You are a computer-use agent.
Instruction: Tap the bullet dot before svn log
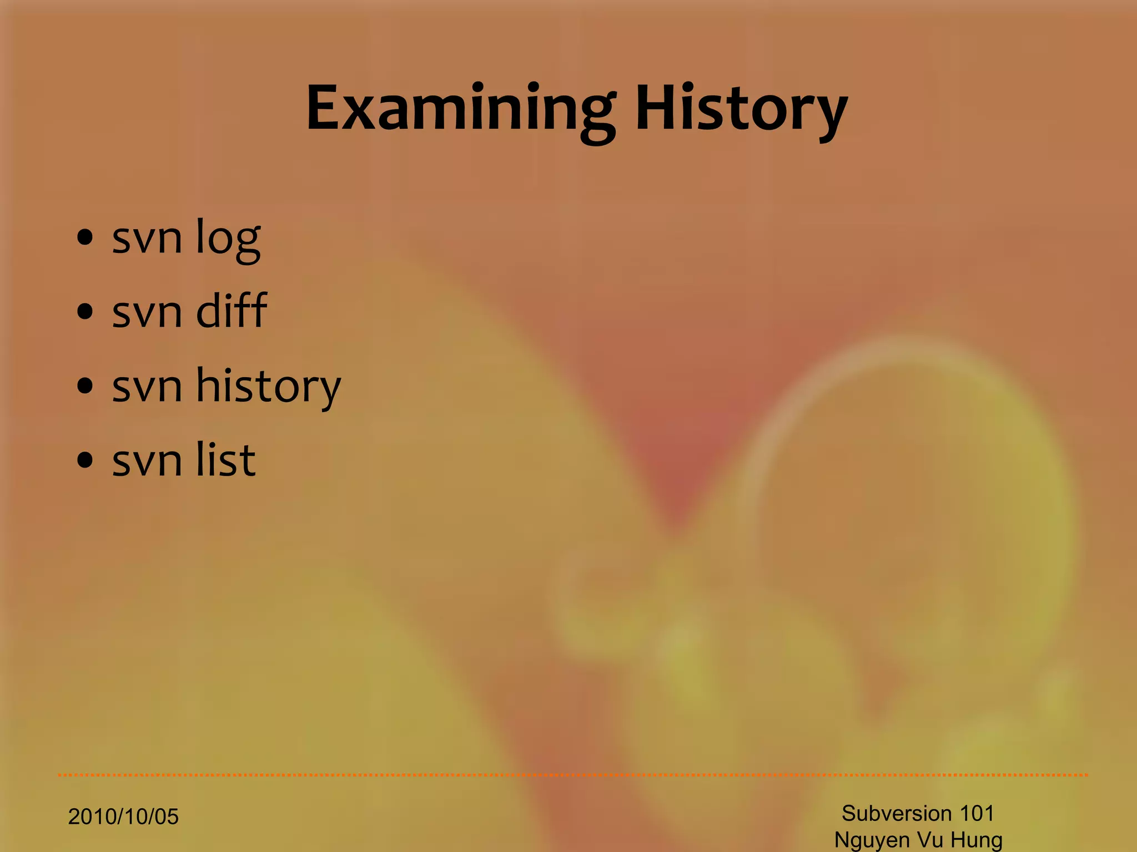tap(85, 238)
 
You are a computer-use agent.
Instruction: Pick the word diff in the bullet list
tap(232, 311)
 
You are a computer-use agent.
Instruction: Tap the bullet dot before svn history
tap(85, 386)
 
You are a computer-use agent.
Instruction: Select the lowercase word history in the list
tap(268, 386)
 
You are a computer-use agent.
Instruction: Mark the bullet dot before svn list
tap(85, 460)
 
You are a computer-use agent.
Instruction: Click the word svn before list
tap(147, 461)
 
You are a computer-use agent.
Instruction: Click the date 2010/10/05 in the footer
tap(123, 817)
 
